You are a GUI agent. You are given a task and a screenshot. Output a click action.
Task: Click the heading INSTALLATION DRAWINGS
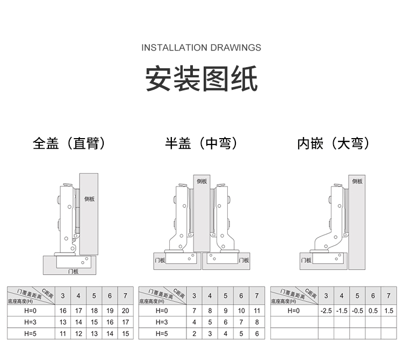click(201, 48)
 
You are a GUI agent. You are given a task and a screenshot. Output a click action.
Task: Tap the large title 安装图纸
click(201, 80)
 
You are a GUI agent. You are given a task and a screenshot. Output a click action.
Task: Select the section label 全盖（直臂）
click(69, 143)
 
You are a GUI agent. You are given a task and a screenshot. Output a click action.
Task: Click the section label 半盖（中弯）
click(201, 143)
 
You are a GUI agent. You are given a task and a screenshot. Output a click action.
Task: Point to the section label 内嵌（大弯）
click(334, 143)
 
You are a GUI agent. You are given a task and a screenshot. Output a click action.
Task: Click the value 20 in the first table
click(125, 311)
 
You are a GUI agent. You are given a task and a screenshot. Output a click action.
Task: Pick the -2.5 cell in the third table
click(326, 311)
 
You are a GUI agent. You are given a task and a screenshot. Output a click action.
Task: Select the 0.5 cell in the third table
click(373, 311)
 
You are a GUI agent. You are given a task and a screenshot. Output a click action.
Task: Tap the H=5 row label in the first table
click(30, 334)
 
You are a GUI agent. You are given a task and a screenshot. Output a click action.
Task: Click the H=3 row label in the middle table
click(162, 322)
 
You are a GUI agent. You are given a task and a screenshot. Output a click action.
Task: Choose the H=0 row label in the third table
click(293, 311)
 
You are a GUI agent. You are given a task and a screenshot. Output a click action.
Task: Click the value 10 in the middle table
click(241, 311)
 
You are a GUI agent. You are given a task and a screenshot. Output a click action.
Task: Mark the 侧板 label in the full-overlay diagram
click(90, 199)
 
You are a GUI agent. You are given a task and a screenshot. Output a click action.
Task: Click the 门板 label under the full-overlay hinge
click(74, 271)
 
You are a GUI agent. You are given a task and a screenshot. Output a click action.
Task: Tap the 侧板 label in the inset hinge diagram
click(357, 182)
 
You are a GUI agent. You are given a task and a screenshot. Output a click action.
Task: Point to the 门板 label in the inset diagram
click(306, 260)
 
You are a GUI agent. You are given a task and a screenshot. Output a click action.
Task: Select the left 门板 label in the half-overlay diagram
click(159, 260)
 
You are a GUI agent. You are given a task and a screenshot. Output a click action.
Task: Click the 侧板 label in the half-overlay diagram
click(201, 182)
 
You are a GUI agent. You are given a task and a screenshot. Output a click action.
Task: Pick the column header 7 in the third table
click(388, 296)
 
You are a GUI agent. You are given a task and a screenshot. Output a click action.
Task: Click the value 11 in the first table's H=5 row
click(63, 334)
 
